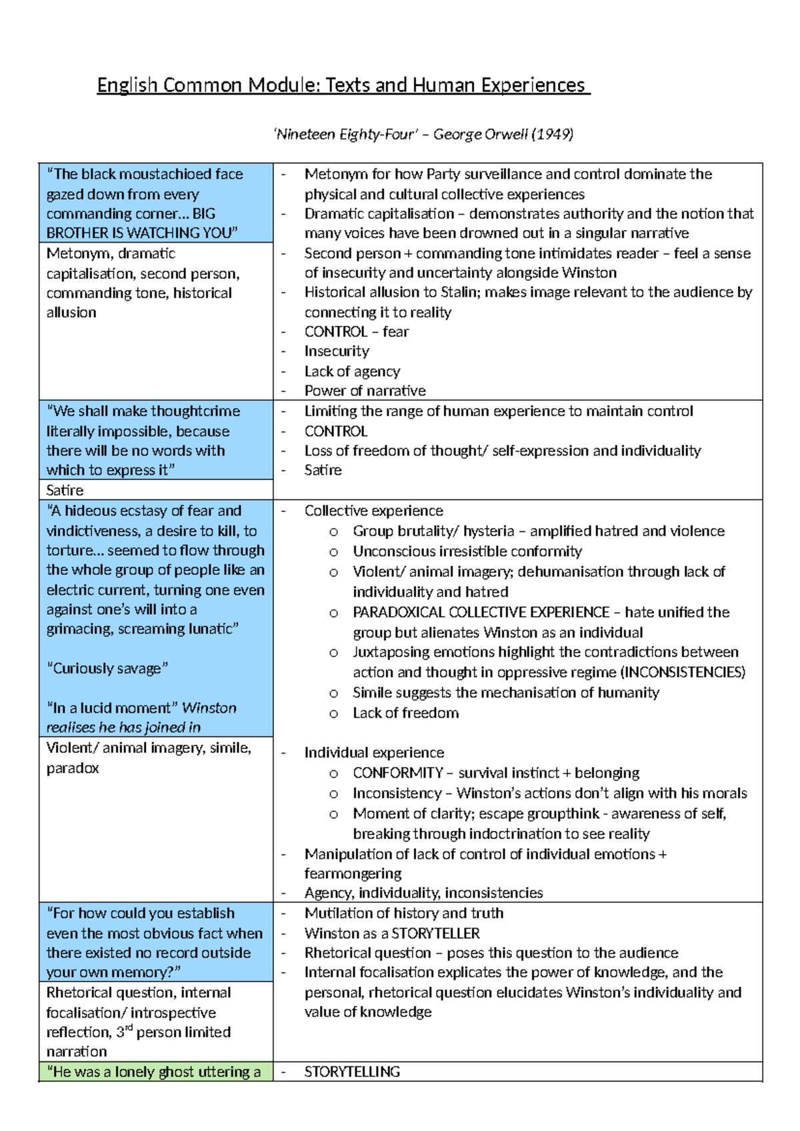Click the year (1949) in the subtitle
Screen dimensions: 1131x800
pos(552,134)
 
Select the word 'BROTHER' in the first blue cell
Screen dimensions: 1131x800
pos(73,233)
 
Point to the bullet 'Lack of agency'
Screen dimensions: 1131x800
pos(352,371)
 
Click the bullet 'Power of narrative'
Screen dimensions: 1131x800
pos(365,391)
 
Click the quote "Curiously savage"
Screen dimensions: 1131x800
pos(107,668)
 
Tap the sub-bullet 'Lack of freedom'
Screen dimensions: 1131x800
pos(405,713)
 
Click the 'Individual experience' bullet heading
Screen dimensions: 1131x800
pos(374,753)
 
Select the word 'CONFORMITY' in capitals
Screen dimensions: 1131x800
pos(397,773)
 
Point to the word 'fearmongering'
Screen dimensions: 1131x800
pos(353,874)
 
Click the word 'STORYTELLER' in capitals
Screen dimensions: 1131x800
pos(435,934)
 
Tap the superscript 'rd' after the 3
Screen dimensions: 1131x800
pos(129,1028)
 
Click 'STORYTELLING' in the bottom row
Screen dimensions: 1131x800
pos(352,1072)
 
